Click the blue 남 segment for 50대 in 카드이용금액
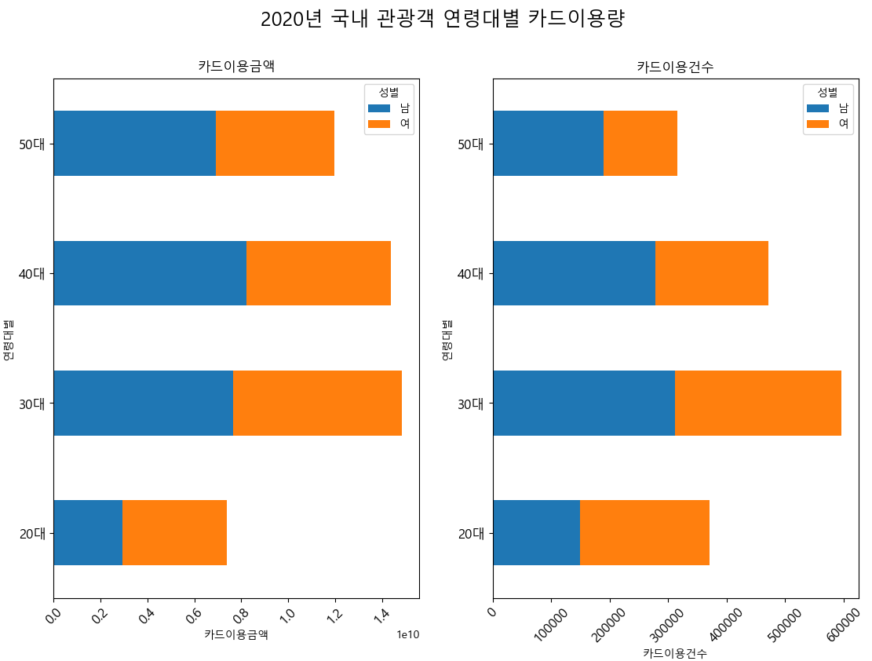[134, 144]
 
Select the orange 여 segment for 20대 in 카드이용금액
[174, 532]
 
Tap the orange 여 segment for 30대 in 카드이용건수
[758, 403]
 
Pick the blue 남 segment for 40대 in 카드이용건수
[574, 273]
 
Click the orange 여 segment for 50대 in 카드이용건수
[640, 144]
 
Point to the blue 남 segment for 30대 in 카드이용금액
[143, 403]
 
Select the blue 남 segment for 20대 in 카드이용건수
[536, 532]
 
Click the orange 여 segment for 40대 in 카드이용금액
[319, 273]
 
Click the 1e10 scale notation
[407, 634]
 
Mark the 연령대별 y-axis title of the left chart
[9, 339]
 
